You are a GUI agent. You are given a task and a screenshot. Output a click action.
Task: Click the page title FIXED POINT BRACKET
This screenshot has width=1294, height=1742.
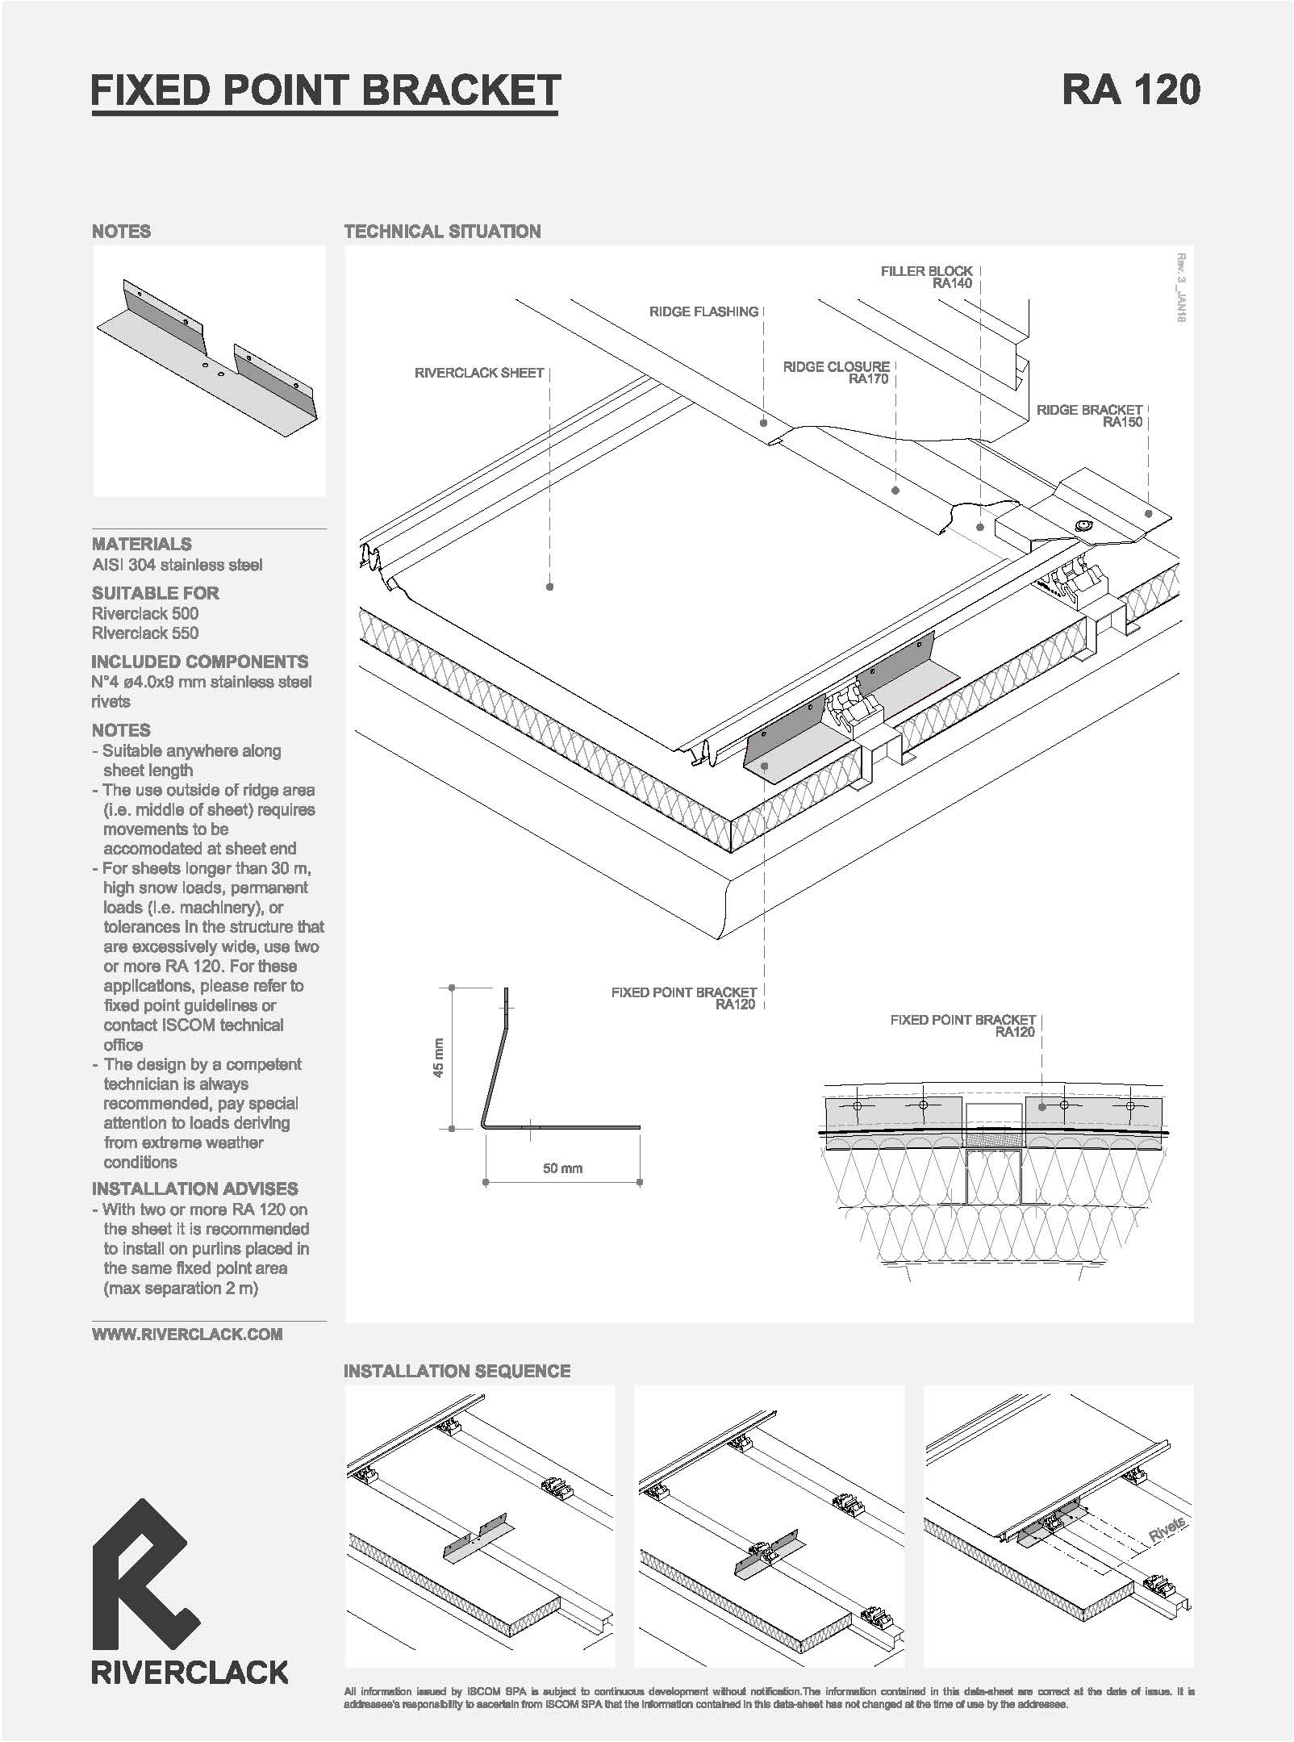[325, 90]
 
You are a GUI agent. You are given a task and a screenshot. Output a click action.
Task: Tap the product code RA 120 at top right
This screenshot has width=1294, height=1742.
[1130, 90]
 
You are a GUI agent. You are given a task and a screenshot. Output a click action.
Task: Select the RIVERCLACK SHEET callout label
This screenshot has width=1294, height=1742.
[479, 373]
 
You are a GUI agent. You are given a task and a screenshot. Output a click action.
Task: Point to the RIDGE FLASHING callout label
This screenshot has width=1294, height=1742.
[704, 311]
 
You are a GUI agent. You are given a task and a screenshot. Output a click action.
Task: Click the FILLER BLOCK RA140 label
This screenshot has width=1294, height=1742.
[927, 277]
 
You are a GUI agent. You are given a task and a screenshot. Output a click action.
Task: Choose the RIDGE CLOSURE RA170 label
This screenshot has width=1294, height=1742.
[836, 373]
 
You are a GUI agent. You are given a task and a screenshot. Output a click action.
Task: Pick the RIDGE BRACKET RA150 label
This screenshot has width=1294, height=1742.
[1089, 416]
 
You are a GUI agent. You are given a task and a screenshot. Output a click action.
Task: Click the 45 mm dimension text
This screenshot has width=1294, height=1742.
[438, 1058]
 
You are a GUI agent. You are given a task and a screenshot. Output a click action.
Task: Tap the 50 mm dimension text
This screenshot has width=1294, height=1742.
[562, 1168]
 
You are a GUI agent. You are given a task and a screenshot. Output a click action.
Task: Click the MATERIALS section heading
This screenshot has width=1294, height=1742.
[142, 544]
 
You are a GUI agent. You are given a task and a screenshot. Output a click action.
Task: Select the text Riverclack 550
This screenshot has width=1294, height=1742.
[145, 633]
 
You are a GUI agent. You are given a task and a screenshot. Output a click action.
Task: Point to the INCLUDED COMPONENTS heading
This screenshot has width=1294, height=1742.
[200, 662]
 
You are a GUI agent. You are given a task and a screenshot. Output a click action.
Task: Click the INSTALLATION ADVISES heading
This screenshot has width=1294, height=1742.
[195, 1188]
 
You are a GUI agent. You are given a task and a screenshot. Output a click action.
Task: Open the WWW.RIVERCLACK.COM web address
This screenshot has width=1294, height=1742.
[187, 1335]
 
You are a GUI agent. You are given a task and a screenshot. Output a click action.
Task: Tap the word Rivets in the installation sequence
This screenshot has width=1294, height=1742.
[1167, 1529]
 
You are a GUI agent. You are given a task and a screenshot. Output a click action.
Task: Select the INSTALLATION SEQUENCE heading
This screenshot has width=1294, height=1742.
[457, 1371]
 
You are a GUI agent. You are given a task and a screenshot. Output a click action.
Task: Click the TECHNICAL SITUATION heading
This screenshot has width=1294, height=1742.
[442, 232]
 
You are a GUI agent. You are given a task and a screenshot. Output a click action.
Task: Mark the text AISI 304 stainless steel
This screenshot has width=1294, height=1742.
[177, 565]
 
